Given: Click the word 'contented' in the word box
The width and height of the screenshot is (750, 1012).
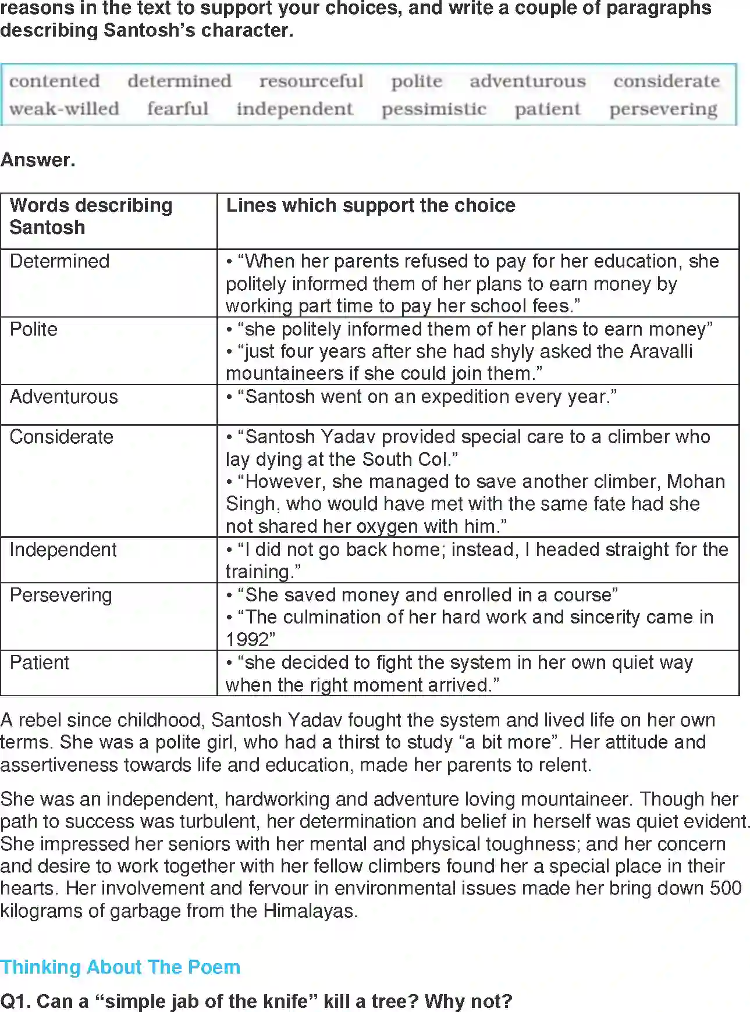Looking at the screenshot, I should (x=54, y=81).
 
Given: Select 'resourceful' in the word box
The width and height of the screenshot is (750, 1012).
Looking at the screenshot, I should (x=311, y=81).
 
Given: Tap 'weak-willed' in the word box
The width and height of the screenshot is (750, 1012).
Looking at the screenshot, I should (x=64, y=109).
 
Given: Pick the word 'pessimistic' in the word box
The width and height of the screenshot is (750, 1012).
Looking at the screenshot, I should (x=433, y=109).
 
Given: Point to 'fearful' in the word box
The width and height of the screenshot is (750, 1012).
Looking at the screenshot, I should (x=177, y=109).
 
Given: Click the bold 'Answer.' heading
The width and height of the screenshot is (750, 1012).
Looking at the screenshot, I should (x=38, y=160).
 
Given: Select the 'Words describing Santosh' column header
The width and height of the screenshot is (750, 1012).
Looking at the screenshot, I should (x=91, y=216).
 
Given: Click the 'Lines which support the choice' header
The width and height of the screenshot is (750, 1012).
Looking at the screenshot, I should (x=371, y=205).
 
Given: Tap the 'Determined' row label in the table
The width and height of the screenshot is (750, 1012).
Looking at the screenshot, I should (x=59, y=261).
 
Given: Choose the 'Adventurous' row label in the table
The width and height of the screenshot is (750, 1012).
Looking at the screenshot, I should (x=63, y=397).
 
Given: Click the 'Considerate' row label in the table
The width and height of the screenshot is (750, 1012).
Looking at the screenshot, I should (x=61, y=437).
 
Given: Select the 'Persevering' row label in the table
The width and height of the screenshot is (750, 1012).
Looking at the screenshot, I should (x=61, y=595).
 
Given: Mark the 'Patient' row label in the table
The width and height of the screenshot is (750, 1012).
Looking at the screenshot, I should (x=39, y=662).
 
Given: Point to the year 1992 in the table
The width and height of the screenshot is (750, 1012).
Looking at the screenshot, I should (x=247, y=640).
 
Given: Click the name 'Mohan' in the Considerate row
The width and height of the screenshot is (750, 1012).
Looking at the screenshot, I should (x=696, y=482).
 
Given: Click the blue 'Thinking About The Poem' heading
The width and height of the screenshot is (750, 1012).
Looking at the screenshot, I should (x=120, y=967).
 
